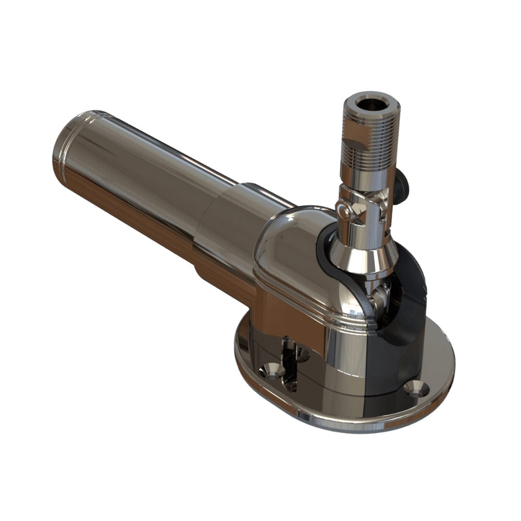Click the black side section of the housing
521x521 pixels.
[401, 354]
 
